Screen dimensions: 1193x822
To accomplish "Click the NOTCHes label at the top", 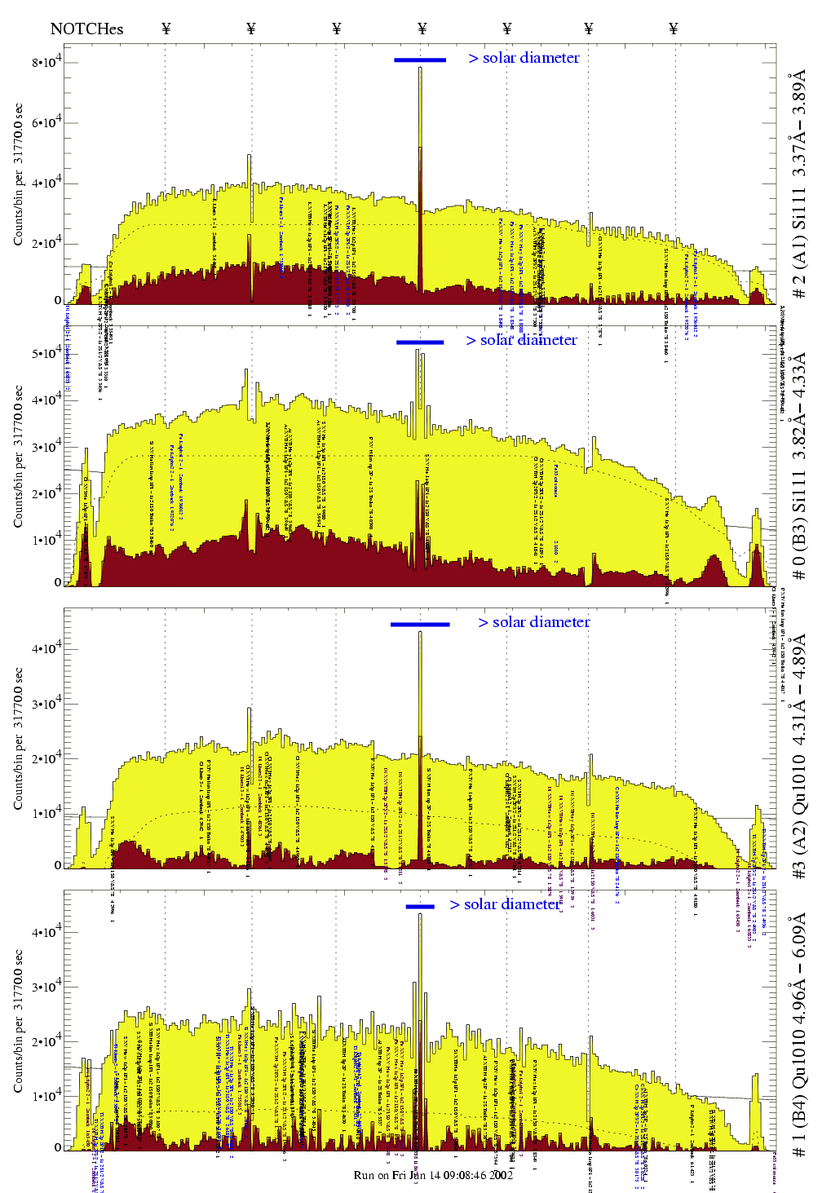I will [86, 29].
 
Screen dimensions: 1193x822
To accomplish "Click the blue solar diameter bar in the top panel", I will [420, 60].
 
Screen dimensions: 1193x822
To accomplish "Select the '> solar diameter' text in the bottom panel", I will [505, 904].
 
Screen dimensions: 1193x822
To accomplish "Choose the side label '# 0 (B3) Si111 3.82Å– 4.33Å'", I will [798, 466].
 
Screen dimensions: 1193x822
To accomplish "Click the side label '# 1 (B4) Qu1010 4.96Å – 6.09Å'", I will [798, 1034].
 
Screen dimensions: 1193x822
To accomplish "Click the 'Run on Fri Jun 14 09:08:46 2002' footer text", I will [433, 1175].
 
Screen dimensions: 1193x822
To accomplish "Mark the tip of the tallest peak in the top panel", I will [420, 68].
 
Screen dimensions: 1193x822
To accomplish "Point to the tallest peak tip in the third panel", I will [420, 632].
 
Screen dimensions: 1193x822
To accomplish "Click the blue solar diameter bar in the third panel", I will [420, 625].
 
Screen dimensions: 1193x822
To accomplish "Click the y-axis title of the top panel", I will [18, 175].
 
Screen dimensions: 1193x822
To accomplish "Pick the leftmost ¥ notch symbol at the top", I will [166, 29].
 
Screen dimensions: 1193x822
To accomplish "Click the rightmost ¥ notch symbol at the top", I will [673, 29].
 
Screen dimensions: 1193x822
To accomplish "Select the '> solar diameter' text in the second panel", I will [521, 340].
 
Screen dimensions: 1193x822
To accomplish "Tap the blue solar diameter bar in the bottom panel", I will [420, 906].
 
